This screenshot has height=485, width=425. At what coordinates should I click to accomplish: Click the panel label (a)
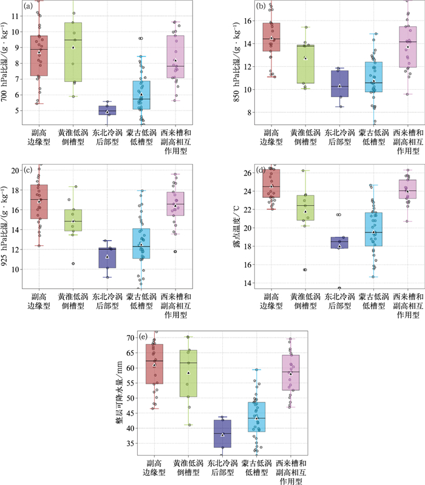(29, 7)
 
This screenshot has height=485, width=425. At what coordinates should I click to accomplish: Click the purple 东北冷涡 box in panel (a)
(107, 110)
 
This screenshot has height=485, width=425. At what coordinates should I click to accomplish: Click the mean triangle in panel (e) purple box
(222, 435)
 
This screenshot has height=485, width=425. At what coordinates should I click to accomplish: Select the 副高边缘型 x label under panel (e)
(154, 467)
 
